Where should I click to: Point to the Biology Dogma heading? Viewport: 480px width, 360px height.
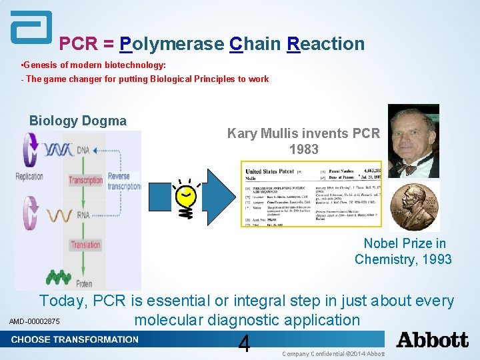77,121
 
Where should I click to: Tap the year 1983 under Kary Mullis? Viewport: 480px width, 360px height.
303,149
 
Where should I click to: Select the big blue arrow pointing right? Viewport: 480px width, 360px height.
221,194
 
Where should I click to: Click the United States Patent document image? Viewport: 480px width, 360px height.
311,193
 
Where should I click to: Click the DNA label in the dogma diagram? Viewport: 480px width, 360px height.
83,151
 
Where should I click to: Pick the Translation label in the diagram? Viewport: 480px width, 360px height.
85,245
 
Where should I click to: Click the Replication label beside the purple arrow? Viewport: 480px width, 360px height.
29,177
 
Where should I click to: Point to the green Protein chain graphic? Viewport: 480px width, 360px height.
59,276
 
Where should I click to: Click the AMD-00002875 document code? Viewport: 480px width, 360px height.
34,323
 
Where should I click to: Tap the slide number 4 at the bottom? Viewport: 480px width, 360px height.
244,344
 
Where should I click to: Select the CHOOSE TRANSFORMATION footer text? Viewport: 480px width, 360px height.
75,339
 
